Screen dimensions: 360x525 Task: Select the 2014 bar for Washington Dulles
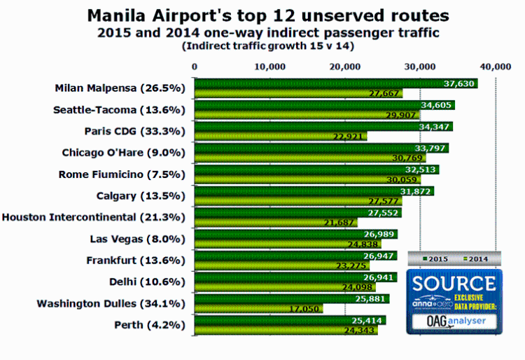click(258, 308)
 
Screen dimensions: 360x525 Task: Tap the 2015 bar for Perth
click(290, 320)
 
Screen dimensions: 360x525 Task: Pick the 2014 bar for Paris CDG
click(280, 136)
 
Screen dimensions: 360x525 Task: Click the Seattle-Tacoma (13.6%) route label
click(118, 110)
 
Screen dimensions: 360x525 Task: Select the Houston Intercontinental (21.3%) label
click(93, 217)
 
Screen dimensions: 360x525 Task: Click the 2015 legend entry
click(433, 259)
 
